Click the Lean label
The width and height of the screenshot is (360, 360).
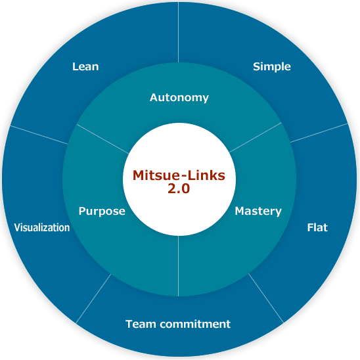point(85,66)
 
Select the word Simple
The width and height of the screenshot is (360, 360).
point(272,67)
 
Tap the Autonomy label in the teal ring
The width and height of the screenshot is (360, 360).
point(179,98)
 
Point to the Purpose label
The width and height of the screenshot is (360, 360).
point(102,212)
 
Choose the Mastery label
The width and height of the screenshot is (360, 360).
point(258,212)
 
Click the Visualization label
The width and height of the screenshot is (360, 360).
point(42,227)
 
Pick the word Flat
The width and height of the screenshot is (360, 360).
point(317,227)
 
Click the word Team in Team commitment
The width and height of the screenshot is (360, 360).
point(141,324)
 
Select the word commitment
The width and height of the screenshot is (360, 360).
point(195,324)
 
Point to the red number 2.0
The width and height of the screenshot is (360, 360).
point(179,189)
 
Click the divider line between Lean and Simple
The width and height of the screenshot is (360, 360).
point(179,32)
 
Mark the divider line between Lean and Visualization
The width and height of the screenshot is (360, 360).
point(39,135)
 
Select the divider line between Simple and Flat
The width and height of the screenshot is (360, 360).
point(319,133)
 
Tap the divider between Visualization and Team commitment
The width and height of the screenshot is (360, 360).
point(93,298)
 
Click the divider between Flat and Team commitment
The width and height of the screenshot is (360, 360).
point(266,298)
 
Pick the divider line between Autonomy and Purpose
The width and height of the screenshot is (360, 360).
point(102,139)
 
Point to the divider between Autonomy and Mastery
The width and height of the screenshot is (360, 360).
point(256,137)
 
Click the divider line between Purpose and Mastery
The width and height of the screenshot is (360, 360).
point(179,266)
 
